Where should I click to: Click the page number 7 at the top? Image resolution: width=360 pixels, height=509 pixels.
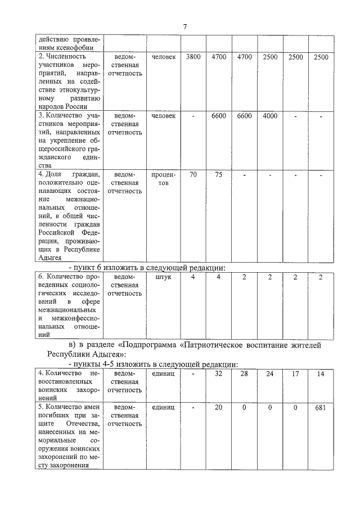[x=184, y=26]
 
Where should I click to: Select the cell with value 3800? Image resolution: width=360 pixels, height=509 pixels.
[x=193, y=57]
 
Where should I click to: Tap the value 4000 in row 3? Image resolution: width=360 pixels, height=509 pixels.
[x=270, y=116]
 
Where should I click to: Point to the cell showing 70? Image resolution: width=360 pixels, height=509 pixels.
[x=193, y=175]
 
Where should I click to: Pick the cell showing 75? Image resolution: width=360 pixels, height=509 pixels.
[x=218, y=175]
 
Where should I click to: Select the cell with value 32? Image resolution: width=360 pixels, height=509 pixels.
[x=218, y=373]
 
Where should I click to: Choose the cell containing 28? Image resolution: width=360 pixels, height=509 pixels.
[x=244, y=373]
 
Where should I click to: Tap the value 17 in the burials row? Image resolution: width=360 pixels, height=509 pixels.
[x=295, y=373]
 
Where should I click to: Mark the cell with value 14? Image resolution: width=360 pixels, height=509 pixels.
[x=321, y=373]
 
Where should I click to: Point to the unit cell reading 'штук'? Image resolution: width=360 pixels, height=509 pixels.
[x=163, y=277]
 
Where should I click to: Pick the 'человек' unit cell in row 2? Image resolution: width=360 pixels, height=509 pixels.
[x=163, y=57]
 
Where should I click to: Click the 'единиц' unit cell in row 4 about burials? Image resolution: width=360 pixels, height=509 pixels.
[x=163, y=373]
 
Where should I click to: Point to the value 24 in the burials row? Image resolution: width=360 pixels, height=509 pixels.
[x=270, y=373]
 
